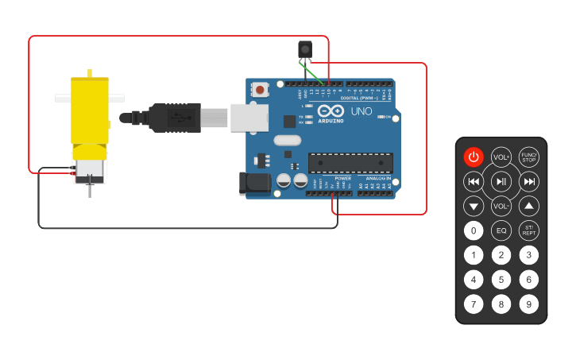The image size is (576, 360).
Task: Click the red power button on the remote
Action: coord(474,157)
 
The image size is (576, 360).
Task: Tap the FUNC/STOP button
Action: coord(528,157)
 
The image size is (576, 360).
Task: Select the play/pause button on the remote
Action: coord(501,182)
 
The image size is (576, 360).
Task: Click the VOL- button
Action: coord(501,207)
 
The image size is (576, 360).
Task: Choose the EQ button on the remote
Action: coord(501,231)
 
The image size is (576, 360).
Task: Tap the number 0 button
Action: coord(474,231)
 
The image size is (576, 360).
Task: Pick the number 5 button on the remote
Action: coord(501,280)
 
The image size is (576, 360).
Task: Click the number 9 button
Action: coord(528,304)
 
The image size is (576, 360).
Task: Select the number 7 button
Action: coord(474,304)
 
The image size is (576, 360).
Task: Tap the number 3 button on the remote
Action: coord(528,255)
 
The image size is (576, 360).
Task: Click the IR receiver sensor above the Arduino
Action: coord(305,49)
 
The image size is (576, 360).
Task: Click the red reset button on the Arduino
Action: coord(260,90)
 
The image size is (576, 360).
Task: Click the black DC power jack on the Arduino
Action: coord(254,183)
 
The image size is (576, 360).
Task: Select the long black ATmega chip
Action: coord(350,163)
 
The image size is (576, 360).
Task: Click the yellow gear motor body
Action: coord(90,111)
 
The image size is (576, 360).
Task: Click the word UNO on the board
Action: coord(361,111)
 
